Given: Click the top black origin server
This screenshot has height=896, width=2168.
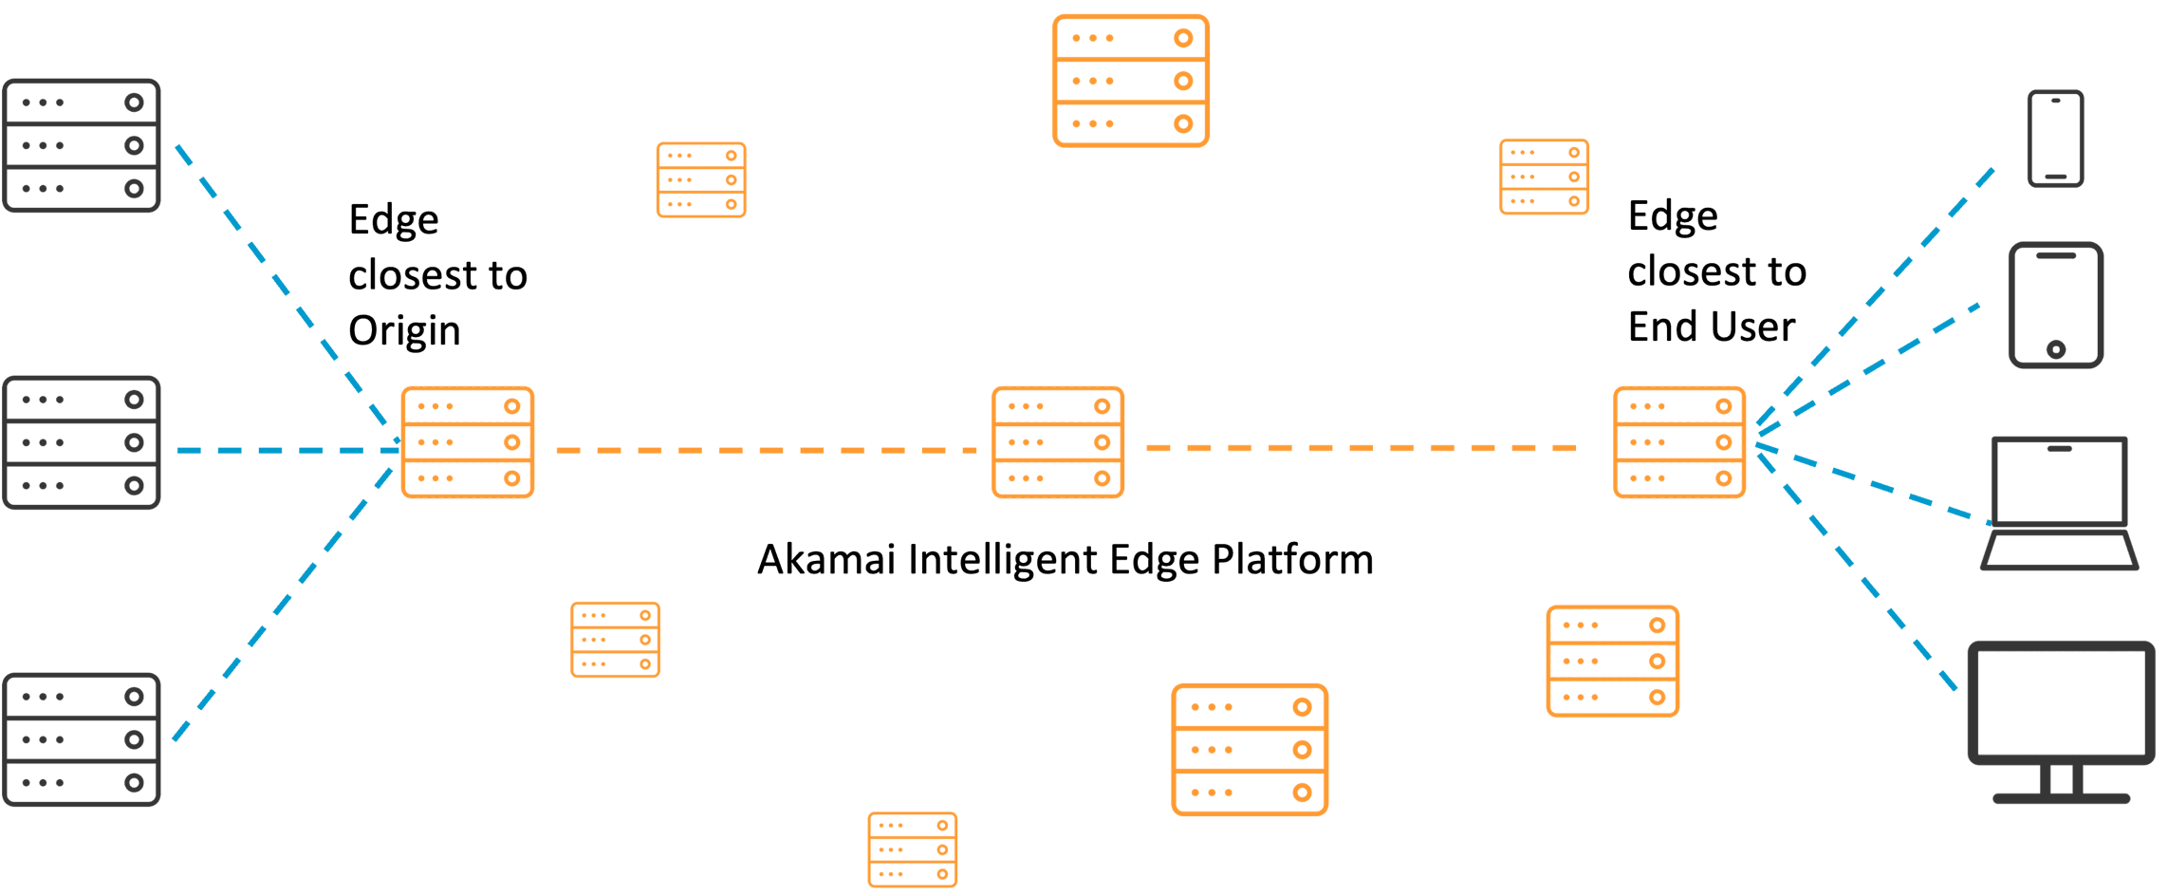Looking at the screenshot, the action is click(82, 145).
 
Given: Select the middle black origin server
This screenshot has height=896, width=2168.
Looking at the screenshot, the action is click(82, 442).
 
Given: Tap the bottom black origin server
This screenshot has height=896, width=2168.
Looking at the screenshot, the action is click(82, 739).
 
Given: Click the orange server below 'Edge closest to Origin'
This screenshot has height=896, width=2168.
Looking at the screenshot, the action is click(468, 442).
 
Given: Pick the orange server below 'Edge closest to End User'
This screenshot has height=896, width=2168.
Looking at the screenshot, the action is click(1679, 442).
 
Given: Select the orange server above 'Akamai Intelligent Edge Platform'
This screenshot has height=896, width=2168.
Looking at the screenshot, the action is click(1058, 442).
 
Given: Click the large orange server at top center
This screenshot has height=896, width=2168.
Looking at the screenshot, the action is click(1131, 81).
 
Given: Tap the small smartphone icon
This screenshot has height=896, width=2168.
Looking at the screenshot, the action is click(2056, 139).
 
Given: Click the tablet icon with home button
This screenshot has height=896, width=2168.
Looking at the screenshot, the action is click(2056, 305).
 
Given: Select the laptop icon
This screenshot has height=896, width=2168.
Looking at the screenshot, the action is click(2059, 503).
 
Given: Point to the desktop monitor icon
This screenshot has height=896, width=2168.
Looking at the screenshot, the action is click(2061, 721).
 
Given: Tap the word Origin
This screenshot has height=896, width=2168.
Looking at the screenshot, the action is click(404, 332).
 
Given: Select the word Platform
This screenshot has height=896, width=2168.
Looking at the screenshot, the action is click(1292, 559).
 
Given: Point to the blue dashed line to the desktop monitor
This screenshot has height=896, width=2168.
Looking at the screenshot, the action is click(1856, 571).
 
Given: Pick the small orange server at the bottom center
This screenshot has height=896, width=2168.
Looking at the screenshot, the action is click(913, 849).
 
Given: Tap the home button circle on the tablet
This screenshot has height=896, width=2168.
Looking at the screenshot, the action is click(2056, 349).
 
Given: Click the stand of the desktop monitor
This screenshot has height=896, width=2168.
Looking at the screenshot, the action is click(2061, 784).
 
